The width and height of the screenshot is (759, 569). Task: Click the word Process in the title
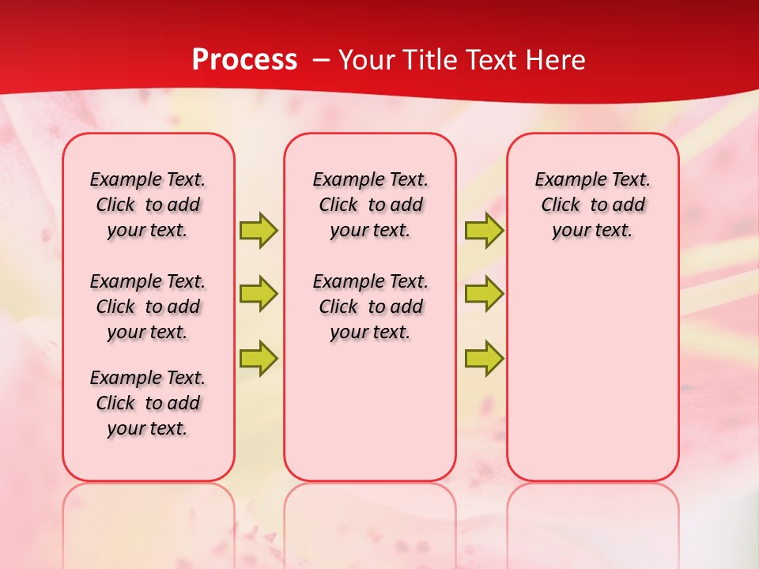click(244, 60)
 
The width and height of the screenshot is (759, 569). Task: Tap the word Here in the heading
click(553, 60)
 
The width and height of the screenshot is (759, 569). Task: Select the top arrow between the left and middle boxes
click(259, 230)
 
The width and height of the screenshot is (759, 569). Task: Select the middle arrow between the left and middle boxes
click(259, 294)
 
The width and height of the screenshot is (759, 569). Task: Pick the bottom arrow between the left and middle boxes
click(259, 358)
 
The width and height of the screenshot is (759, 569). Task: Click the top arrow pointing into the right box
click(484, 230)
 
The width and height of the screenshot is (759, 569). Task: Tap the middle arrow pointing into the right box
click(484, 294)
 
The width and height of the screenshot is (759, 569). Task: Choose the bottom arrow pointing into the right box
click(484, 358)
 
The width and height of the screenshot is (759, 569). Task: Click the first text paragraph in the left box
click(148, 205)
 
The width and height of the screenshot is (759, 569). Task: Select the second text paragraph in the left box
click(148, 307)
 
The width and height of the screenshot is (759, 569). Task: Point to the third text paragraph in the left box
click(148, 403)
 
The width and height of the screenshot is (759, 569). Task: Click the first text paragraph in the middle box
click(370, 205)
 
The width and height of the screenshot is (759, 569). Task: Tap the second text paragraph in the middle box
click(370, 307)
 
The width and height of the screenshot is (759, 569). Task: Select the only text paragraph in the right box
click(592, 205)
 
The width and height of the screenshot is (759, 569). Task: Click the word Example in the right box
click(564, 179)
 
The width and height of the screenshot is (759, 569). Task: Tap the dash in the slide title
click(321, 60)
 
